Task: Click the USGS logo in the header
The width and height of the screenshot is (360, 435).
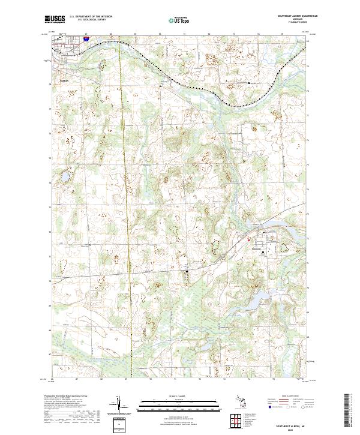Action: coord(55,19)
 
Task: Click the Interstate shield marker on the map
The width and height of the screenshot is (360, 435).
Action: coord(86,38)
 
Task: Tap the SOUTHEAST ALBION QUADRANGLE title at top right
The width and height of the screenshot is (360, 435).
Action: coord(293,16)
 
